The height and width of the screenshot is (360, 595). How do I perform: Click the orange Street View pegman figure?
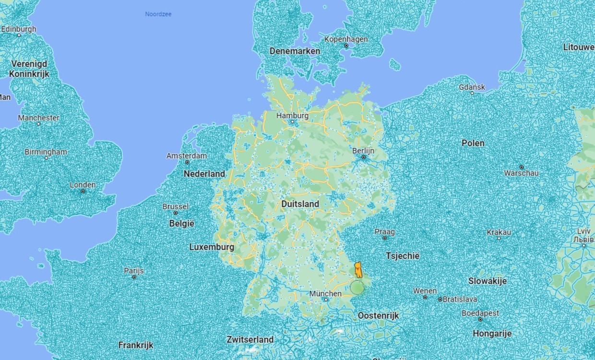pyautogui.click(x=358, y=270)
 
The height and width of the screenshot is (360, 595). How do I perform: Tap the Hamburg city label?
pyautogui.click(x=292, y=116)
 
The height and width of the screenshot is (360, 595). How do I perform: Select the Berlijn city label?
pyautogui.click(x=363, y=151)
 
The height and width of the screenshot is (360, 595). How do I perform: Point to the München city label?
pyautogui.click(x=325, y=293)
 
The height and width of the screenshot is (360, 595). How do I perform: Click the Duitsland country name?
pyautogui.click(x=300, y=204)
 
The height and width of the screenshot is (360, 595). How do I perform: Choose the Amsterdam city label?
pyautogui.click(x=187, y=156)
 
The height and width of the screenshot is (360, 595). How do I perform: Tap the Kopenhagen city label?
pyautogui.click(x=346, y=39)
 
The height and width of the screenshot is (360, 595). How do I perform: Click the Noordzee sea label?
pyautogui.click(x=158, y=14)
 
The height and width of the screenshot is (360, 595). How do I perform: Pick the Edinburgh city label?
pyautogui.click(x=19, y=29)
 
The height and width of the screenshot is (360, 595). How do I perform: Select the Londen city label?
pyautogui.click(x=83, y=185)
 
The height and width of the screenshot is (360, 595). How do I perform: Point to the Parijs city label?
pyautogui.click(x=134, y=271)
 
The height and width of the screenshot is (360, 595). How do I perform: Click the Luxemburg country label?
pyautogui.click(x=212, y=247)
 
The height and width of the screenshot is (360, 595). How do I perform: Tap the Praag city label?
pyautogui.click(x=385, y=232)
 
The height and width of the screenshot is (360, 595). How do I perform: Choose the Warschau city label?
pyautogui.click(x=521, y=173)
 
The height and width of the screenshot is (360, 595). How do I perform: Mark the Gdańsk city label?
pyautogui.click(x=472, y=87)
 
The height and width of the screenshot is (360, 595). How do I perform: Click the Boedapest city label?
pyautogui.click(x=480, y=313)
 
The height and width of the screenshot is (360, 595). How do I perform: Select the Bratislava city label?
pyautogui.click(x=460, y=299)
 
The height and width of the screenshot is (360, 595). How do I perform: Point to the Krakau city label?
pyautogui.click(x=499, y=232)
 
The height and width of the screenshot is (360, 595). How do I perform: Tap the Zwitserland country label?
pyautogui.click(x=250, y=339)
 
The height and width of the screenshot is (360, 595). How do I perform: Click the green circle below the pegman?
pyautogui.click(x=357, y=288)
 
